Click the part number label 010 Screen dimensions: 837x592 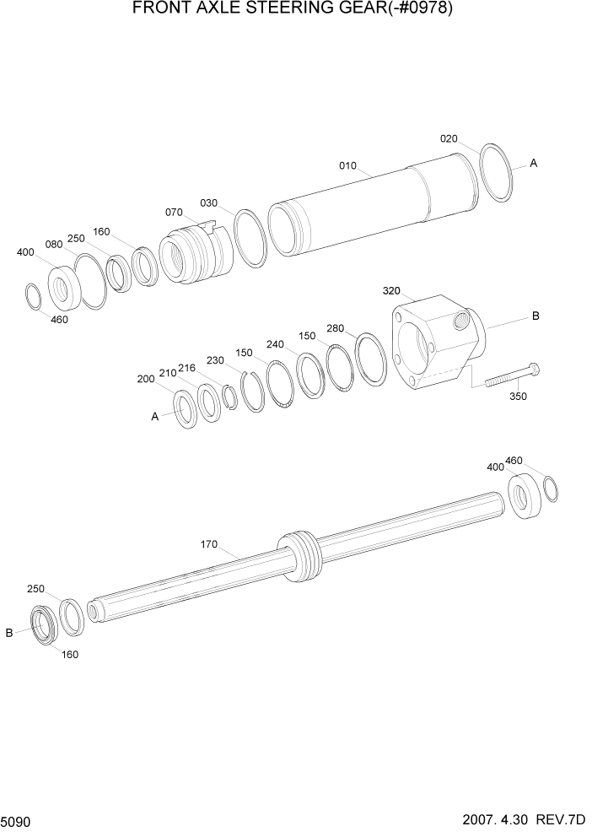(348, 166)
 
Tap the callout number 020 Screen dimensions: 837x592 (449, 139)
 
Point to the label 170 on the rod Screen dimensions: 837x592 (209, 544)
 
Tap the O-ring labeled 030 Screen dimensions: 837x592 (250, 239)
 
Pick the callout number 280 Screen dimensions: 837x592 (336, 328)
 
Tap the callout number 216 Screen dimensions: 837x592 (187, 370)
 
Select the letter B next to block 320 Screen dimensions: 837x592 (535, 316)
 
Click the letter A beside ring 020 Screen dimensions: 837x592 (533, 164)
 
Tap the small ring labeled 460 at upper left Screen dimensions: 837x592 (32, 297)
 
